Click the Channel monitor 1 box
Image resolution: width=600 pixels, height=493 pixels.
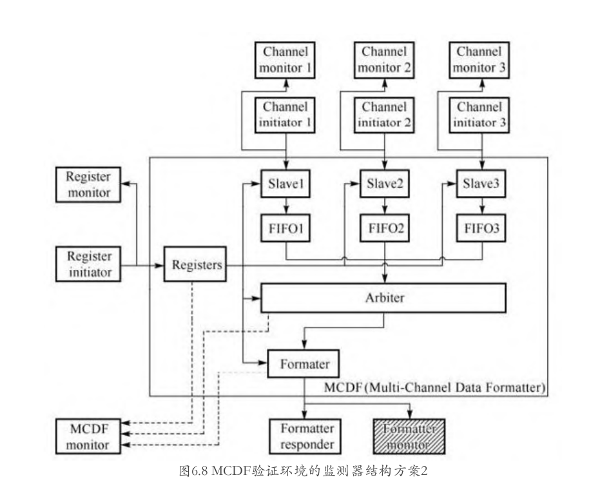pyautogui.click(x=285, y=60)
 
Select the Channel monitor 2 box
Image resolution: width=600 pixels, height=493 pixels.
pyautogui.click(x=384, y=60)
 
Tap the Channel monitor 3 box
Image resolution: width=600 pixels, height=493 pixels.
pyautogui.click(x=479, y=60)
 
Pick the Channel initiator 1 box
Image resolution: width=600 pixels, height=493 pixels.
pyautogui.click(x=285, y=115)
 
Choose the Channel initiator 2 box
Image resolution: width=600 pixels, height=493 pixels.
pyautogui.click(x=384, y=115)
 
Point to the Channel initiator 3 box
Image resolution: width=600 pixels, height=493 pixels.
pyautogui.click(x=479, y=115)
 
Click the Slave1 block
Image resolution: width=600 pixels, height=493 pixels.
pyautogui.click(x=285, y=184)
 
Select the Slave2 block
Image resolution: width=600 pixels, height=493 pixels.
pyautogui.click(x=385, y=184)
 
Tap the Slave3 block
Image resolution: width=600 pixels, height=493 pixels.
pyautogui.click(x=481, y=184)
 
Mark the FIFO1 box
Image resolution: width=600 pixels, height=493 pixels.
pyautogui.click(x=285, y=228)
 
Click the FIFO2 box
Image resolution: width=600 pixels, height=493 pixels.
pyautogui.click(x=385, y=228)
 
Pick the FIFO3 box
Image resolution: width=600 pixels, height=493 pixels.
pyautogui.click(x=481, y=228)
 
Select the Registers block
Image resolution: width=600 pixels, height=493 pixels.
pyautogui.click(x=195, y=264)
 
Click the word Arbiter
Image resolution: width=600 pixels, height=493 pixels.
pyautogui.click(x=385, y=298)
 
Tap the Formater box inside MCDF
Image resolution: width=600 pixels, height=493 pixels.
pyautogui.click(x=304, y=363)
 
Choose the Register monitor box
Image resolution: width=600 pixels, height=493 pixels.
pyautogui.click(x=88, y=184)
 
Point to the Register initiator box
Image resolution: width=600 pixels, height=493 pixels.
pyautogui.click(x=88, y=264)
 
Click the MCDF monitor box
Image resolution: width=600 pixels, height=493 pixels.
pyautogui.click(x=88, y=436)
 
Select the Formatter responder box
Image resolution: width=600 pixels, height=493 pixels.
pyautogui.click(x=305, y=436)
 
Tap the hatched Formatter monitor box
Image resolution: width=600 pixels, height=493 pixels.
pyautogui.click(x=409, y=436)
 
